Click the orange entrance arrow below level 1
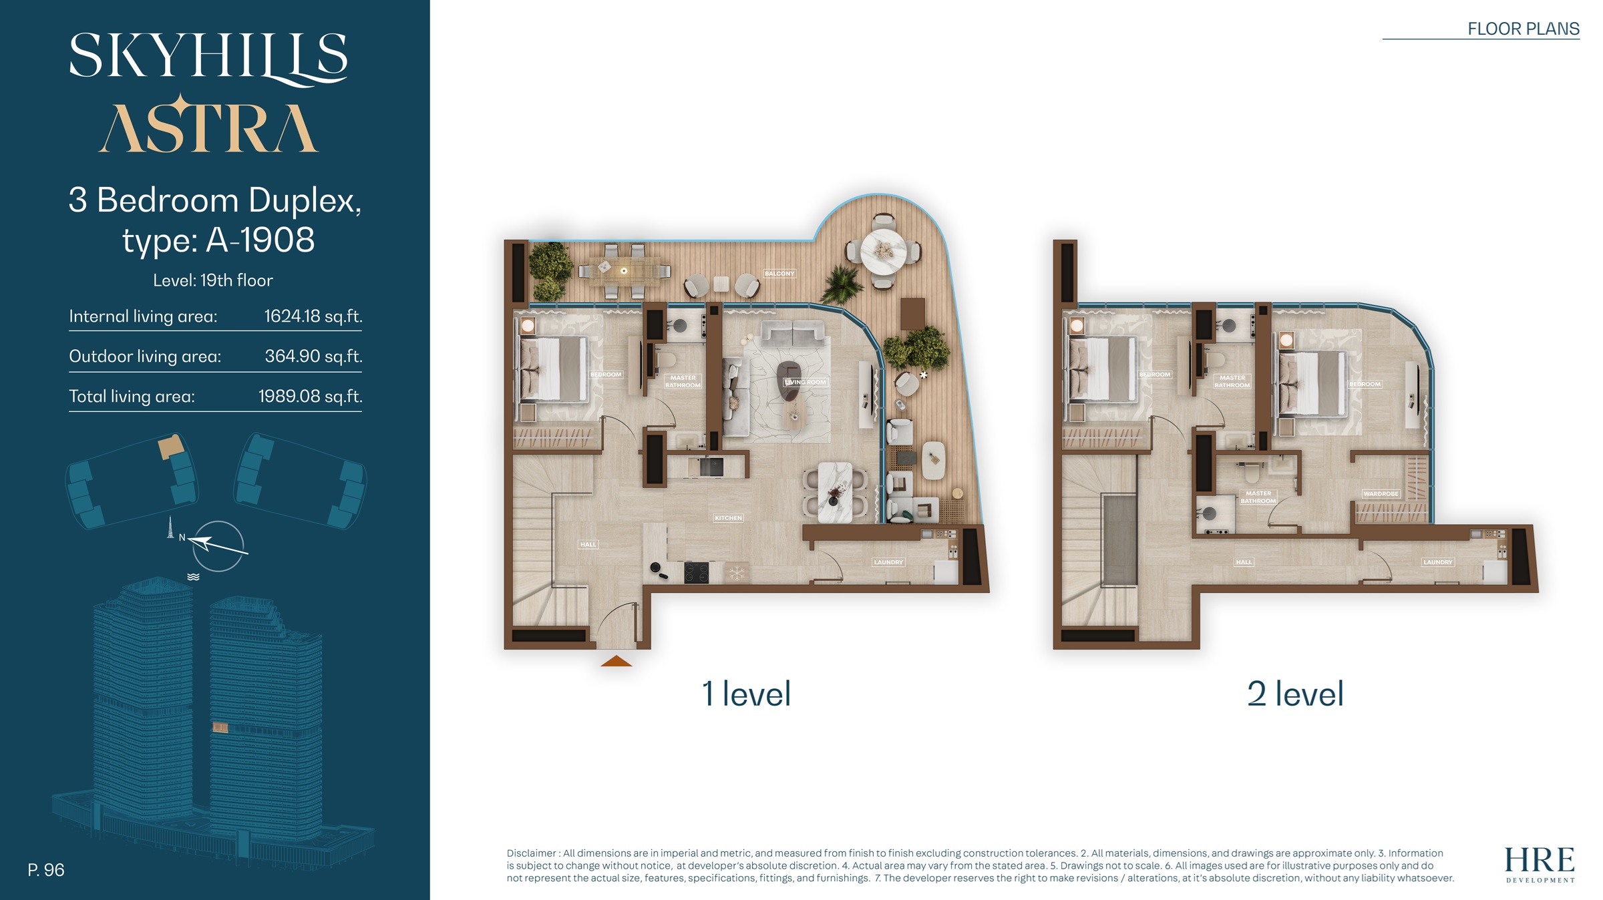pyautogui.click(x=616, y=662)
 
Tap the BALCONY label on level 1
pyautogui.click(x=779, y=274)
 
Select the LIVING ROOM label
pyautogui.click(x=806, y=383)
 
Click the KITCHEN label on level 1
pyautogui.click(x=728, y=518)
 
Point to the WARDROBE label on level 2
pyautogui.click(x=1381, y=494)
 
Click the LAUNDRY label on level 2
pyautogui.click(x=1437, y=562)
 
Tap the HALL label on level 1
pyautogui.click(x=588, y=545)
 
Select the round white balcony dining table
pyautogui.click(x=883, y=251)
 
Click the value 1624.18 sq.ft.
pyautogui.click(x=313, y=316)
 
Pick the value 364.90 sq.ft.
pyautogui.click(x=313, y=357)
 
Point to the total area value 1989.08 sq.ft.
pyautogui.click(x=310, y=397)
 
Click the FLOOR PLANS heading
pyautogui.click(x=1523, y=29)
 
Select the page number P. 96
pyautogui.click(x=46, y=870)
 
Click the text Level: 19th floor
pyautogui.click(x=213, y=280)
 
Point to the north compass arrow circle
pyautogui.click(x=218, y=546)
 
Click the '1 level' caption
pyautogui.click(x=746, y=694)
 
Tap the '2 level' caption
pyautogui.click(x=1295, y=694)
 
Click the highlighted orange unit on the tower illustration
pyautogui.click(x=220, y=727)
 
